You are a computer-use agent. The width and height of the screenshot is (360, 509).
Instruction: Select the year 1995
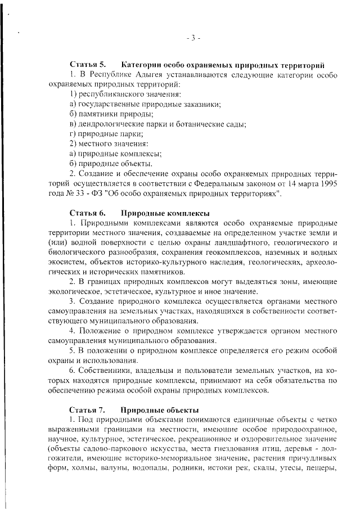(x=325, y=184)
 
